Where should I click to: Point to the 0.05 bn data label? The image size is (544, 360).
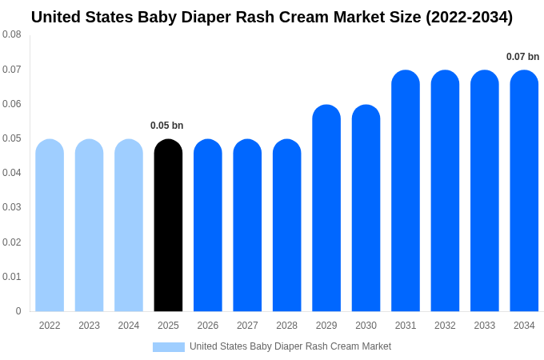pos(167,126)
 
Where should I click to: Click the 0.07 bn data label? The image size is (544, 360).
pos(522,57)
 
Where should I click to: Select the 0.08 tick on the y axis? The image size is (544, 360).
pos(12,34)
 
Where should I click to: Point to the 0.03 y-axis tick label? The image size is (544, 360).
pos(12,207)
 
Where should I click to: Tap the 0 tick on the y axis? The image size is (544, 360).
pos(18,311)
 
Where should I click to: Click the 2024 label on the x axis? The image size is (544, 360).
pos(129,326)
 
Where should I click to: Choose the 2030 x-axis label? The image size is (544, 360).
pos(366,326)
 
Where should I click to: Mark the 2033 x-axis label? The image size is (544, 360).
pos(484,326)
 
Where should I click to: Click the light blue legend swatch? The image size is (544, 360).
pos(168,347)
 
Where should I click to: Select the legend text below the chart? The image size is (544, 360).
pos(290,346)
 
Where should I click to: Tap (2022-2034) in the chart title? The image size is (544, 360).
pos(462,17)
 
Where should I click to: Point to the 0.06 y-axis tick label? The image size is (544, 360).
pos(12,104)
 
